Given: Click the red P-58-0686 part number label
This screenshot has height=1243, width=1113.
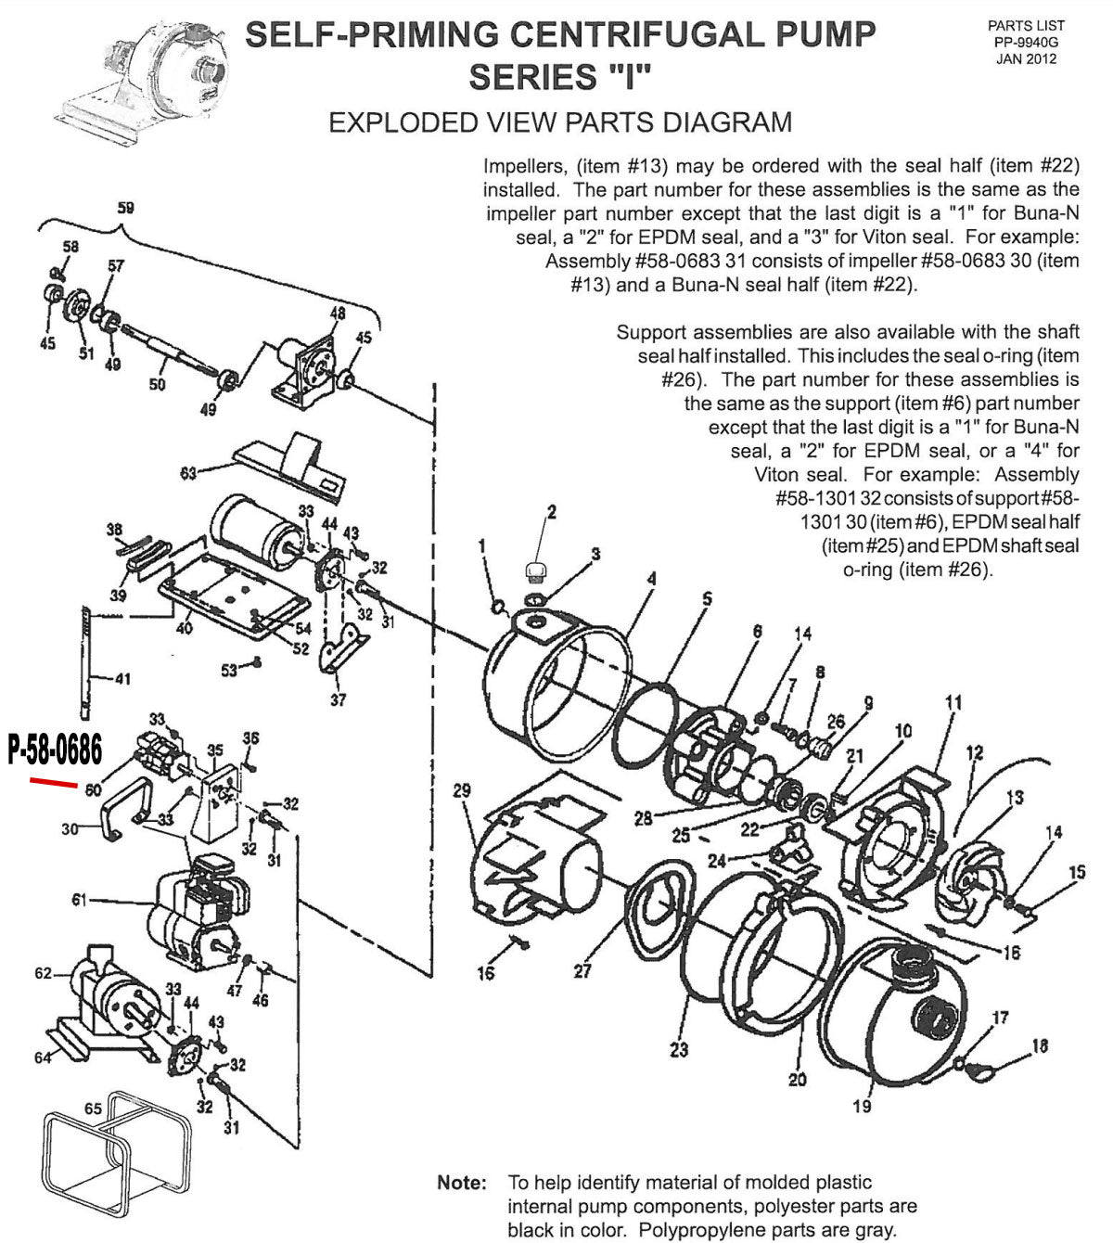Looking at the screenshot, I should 55,750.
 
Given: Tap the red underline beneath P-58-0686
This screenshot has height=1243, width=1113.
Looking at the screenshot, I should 54,783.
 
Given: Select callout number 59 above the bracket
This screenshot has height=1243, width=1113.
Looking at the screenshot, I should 126,208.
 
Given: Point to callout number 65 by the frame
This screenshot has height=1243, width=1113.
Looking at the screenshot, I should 93,1108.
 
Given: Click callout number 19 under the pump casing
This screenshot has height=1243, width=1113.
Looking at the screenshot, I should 862,1106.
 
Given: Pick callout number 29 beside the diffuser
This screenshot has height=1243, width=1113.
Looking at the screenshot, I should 462,790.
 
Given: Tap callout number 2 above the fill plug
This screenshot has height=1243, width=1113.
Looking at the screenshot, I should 551,512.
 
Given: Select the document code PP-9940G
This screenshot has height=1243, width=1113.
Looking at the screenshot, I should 1026,43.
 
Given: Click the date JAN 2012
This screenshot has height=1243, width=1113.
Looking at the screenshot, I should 1026,59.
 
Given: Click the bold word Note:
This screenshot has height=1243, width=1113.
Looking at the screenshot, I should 461,1183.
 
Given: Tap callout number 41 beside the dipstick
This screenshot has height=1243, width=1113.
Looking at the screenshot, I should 122,678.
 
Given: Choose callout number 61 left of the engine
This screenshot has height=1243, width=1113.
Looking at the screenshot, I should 80,899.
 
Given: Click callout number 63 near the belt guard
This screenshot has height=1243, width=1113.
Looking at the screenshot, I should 189,473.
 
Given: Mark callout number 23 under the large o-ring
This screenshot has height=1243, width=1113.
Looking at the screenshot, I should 679,1049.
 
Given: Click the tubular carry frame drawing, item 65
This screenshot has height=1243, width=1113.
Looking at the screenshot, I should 116,1155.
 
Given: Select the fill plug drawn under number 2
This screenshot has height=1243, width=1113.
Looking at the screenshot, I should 536,570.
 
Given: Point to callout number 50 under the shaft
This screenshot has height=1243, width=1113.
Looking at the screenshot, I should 157,383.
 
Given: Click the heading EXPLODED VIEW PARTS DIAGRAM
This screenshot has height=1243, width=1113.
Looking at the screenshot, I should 560,122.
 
